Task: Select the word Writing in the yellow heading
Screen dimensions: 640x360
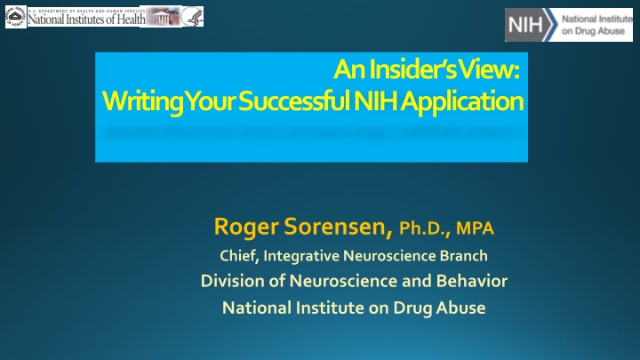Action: click(142, 102)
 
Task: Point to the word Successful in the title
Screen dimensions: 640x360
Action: click(294, 100)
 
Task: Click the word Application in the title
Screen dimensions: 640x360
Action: click(462, 102)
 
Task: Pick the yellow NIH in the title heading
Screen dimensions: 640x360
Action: click(375, 100)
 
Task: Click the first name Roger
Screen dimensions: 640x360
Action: click(246, 227)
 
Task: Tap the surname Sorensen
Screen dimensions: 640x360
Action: click(339, 227)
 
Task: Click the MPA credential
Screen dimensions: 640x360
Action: click(475, 228)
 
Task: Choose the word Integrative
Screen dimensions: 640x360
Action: click(301, 256)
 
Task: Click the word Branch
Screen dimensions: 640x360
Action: click(464, 256)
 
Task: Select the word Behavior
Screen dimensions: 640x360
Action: click(472, 281)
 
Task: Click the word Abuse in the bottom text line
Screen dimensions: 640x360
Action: click(460, 308)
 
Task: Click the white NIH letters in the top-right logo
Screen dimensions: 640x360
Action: click(525, 25)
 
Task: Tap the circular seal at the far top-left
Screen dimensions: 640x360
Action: click(15, 17)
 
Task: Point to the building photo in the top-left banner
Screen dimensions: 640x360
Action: click(163, 17)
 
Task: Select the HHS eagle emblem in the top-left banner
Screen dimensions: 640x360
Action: click(192, 17)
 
